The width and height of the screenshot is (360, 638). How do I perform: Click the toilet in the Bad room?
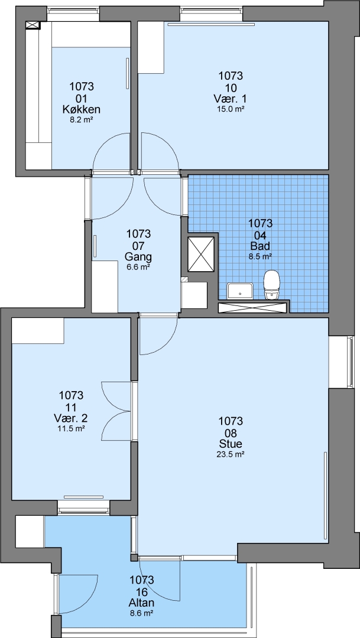pos(272,285)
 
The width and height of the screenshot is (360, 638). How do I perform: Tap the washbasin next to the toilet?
pos(241,291)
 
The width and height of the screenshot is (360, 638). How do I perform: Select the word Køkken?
pos(82,109)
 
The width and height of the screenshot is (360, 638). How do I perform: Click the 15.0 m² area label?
pos(231,109)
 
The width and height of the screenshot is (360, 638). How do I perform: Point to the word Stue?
pos(231,444)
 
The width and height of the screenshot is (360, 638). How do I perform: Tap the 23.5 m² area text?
pos(231,454)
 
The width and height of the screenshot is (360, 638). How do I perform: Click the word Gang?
pos(138,257)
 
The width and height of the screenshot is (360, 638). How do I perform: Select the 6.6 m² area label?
pos(138,268)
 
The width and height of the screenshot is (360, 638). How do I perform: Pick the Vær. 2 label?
pos(71,418)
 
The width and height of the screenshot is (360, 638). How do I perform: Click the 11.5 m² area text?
pos(71,428)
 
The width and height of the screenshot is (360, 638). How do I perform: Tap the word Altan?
pos(142,602)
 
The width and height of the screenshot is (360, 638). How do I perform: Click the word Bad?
pos(260,246)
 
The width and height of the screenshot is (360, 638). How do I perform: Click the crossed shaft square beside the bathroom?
pos(201,254)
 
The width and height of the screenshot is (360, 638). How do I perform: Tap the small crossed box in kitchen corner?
pos(33,25)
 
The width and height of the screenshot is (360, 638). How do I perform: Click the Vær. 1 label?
pos(231,99)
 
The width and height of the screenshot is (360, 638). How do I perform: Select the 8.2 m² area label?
pos(82,120)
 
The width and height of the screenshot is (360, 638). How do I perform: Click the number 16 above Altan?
pos(142,591)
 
